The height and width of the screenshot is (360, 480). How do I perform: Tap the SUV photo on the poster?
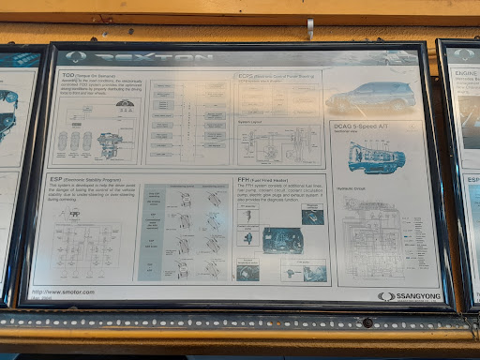(371, 95)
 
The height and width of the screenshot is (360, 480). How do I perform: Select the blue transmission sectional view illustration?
(374, 157)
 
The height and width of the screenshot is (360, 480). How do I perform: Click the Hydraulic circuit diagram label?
(352, 188)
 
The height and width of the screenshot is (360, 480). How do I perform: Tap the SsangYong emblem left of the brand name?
(384, 296)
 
